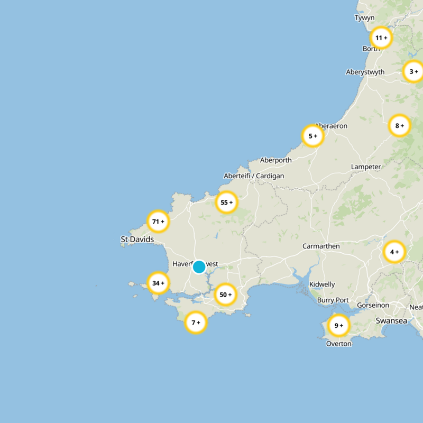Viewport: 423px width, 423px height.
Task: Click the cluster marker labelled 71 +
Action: coord(158,222)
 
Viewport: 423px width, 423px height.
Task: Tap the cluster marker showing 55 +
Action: coord(226,203)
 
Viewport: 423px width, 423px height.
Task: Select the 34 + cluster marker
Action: coord(158,283)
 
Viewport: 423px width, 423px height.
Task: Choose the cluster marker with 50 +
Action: coord(226,295)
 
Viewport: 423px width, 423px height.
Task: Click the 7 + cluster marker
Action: coord(196,322)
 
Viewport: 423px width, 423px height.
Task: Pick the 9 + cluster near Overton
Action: coord(338,325)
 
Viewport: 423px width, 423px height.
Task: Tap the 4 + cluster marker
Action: coord(394,252)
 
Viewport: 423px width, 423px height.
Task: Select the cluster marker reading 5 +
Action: coord(312,136)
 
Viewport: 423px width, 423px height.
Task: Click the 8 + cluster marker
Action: coord(400,126)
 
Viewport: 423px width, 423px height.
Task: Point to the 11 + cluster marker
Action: coord(381,38)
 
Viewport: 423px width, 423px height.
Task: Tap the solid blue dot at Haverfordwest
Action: coord(199,267)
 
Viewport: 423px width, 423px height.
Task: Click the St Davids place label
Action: coord(137,240)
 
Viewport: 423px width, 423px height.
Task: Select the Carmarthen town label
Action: coord(321,246)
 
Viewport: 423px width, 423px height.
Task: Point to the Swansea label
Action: coord(391,320)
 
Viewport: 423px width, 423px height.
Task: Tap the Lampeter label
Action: coord(366,167)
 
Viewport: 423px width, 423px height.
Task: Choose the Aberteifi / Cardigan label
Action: coord(254,176)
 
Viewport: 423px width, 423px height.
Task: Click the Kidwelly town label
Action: coord(322,284)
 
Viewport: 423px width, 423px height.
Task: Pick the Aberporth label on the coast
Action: coord(275,160)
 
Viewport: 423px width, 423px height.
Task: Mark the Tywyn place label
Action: coord(364,18)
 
